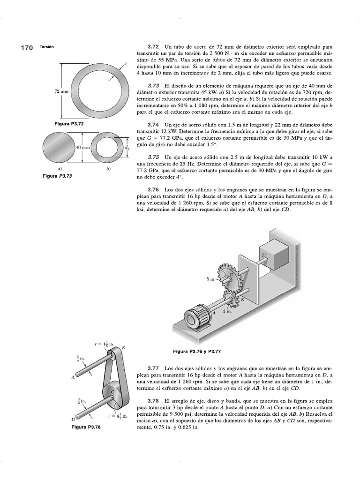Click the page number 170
(x=26, y=48)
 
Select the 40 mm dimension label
(x=83, y=148)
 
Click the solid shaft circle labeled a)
(x=60, y=147)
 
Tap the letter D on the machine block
(x=263, y=255)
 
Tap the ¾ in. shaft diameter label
(x=82, y=401)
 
